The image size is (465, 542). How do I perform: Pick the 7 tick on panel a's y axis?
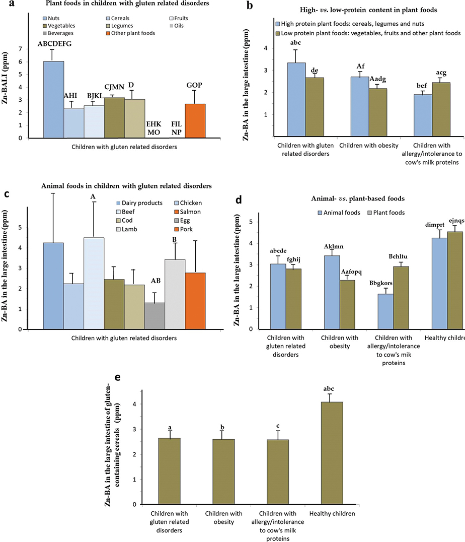(x=20, y=49)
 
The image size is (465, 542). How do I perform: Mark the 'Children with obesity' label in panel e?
(x=223, y=517)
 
